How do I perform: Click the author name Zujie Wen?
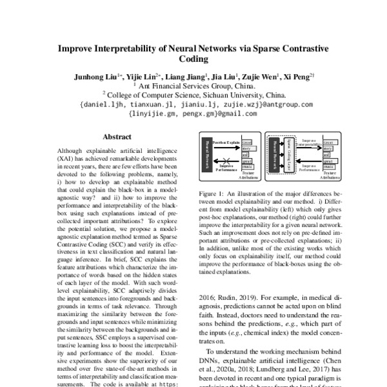pos(261,76)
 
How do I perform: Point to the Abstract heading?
pos(117,137)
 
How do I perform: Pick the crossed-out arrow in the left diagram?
pos(226,160)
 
